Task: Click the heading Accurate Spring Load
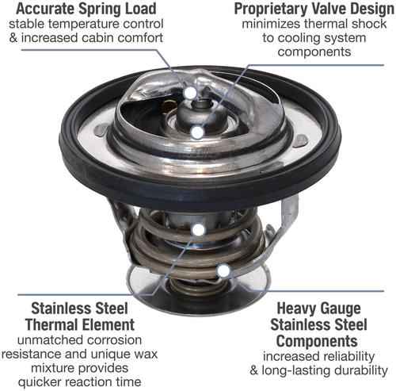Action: click(86, 9)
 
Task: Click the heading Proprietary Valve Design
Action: click(314, 9)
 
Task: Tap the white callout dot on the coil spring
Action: click(199, 230)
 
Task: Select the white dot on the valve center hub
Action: click(197, 132)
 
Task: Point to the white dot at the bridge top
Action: click(190, 93)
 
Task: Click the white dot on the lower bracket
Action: click(223, 271)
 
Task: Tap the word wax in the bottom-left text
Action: click(147, 354)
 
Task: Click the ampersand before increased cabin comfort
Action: click(13, 38)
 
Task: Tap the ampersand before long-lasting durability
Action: click(254, 370)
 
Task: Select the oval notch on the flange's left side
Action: click(101, 130)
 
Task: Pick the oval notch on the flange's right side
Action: click(301, 140)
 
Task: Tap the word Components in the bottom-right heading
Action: click(317, 341)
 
